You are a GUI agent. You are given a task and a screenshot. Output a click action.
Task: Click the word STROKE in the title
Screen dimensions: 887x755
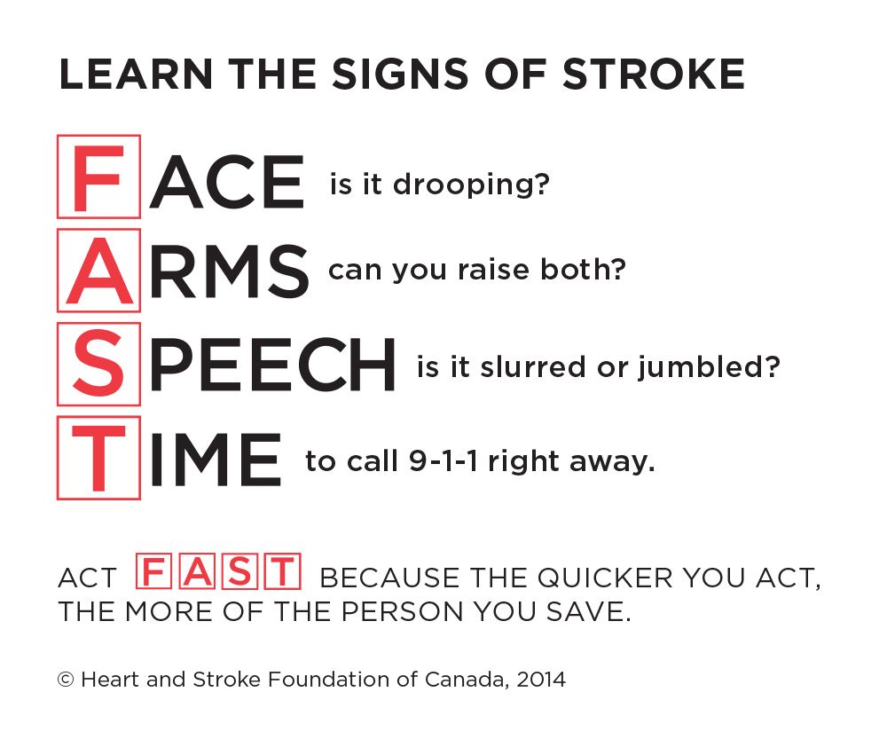654,75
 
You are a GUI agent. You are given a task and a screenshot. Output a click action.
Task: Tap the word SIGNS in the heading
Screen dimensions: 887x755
401,75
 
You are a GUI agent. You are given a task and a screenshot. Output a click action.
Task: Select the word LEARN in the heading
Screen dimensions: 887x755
136,75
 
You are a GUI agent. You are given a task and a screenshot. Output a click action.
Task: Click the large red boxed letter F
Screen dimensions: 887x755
98,177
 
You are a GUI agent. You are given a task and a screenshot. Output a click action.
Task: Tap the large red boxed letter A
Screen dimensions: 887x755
98,271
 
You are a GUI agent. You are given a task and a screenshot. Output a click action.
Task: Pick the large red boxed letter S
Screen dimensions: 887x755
98,364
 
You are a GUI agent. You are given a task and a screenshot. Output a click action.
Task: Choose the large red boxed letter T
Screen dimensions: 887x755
98,458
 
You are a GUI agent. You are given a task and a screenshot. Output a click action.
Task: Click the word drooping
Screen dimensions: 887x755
471,185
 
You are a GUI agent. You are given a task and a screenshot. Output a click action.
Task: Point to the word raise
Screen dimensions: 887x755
492,270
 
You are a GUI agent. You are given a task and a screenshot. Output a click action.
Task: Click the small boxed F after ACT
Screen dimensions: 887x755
153,571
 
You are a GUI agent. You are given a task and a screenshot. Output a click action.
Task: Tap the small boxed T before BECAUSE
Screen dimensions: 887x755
284,571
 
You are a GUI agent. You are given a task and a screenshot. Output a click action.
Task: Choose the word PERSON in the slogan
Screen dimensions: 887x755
404,612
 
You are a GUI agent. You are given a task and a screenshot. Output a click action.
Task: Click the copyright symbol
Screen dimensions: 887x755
67,680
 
